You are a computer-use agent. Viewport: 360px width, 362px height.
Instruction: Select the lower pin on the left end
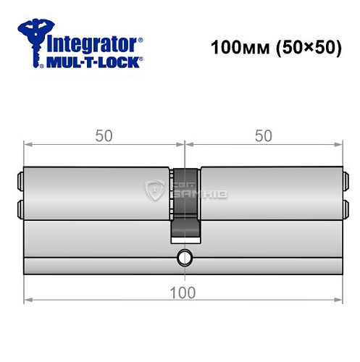click(x=20, y=209)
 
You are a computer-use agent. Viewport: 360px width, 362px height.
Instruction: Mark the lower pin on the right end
click(x=343, y=209)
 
